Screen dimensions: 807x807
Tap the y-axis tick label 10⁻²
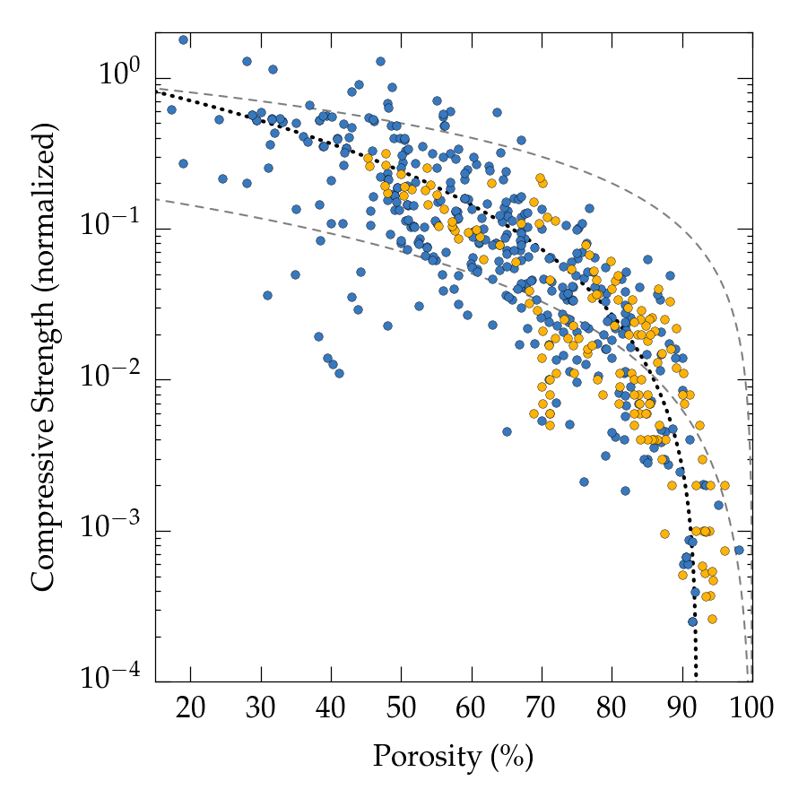click(117, 377)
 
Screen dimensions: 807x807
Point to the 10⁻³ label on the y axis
click(117, 527)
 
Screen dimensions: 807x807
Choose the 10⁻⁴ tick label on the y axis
click(117, 678)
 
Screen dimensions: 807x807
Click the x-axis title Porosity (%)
click(453, 759)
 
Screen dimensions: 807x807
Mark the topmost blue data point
click(184, 39)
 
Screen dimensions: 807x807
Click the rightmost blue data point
click(739, 550)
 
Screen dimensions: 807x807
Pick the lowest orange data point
click(712, 619)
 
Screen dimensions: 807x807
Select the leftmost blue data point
click(171, 109)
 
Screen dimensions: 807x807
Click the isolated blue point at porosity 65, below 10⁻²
click(507, 431)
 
